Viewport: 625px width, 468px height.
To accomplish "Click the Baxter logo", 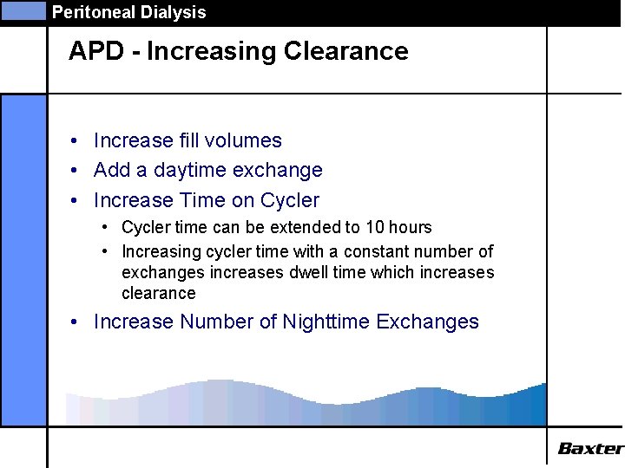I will point(589,448).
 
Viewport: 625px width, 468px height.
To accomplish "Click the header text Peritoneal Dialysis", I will point(128,12).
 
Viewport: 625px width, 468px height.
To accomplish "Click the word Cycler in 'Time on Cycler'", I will point(288,201).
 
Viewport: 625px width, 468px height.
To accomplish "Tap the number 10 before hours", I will point(373,227).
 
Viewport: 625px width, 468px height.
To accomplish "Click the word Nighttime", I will point(326,322).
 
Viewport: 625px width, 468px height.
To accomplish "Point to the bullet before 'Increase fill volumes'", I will point(76,141).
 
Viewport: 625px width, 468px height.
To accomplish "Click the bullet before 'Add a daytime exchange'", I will point(76,171).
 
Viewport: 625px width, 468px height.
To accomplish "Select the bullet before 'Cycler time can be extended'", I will point(104,227).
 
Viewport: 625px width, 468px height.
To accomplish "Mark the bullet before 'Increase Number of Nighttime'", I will point(76,322).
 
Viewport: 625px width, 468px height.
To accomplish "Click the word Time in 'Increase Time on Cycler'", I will point(201,201).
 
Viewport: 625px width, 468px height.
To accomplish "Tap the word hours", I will point(411,227).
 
